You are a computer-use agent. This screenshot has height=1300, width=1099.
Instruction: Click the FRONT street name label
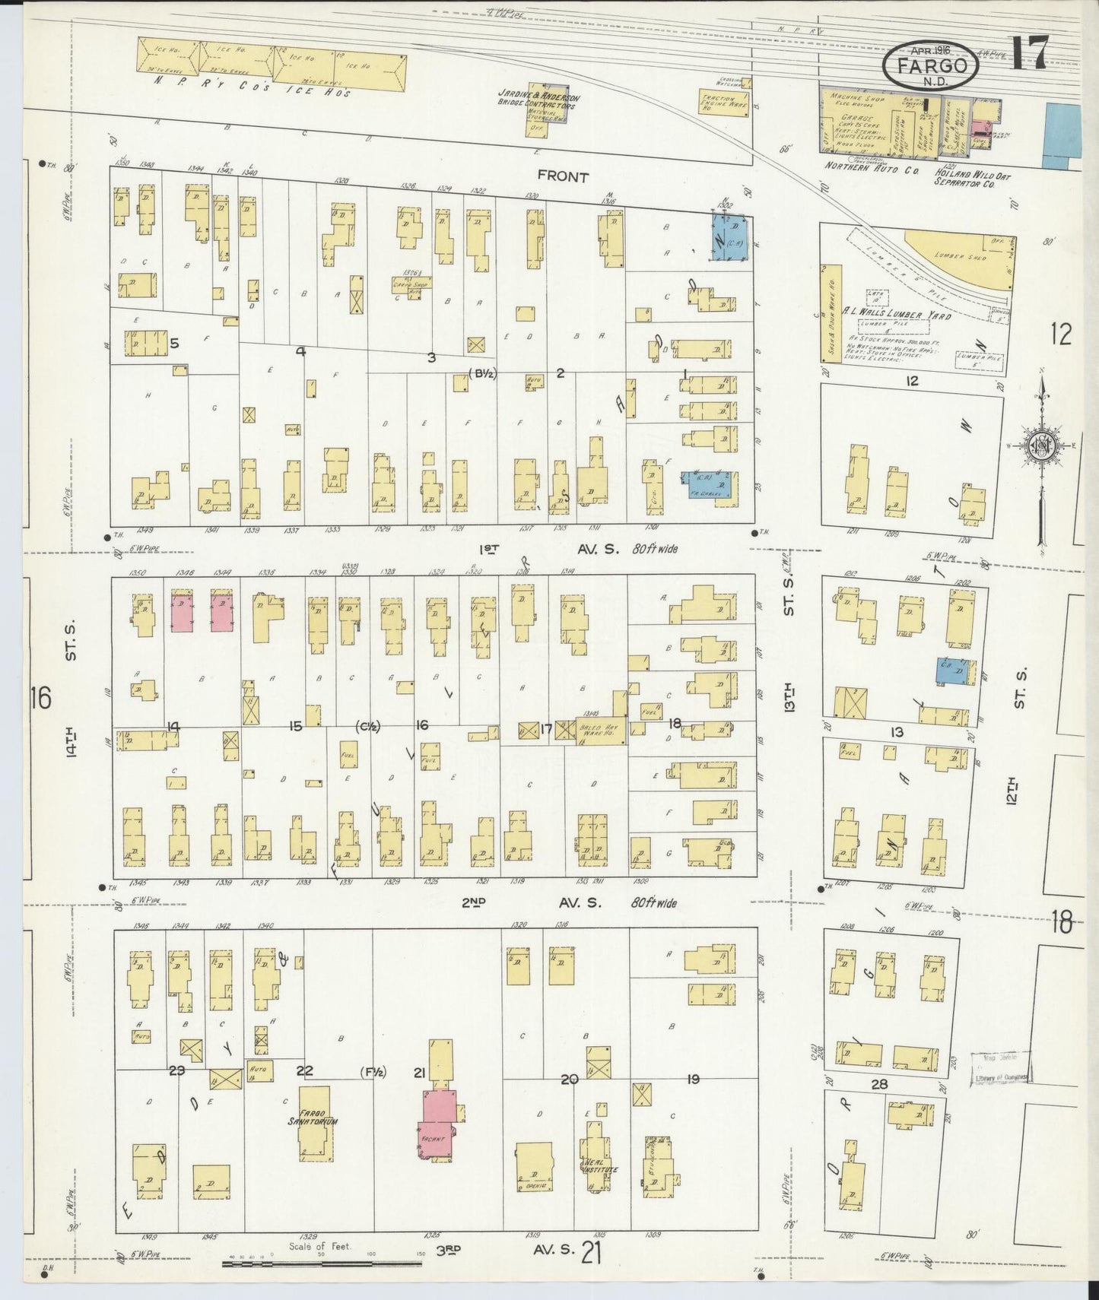point(563,176)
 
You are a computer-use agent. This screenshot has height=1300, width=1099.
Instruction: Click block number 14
point(173,727)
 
